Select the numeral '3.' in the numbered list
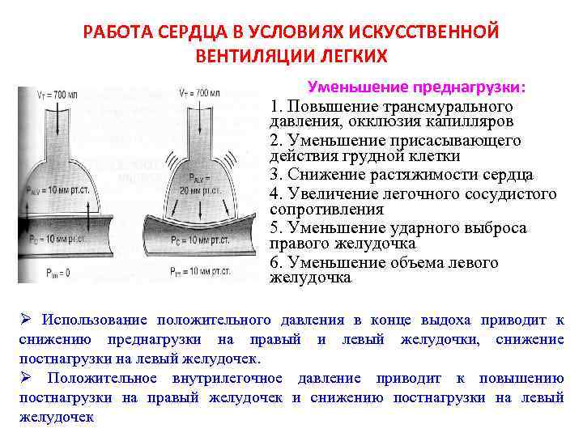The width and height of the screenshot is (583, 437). point(276,175)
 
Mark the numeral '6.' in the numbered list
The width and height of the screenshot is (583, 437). point(276,263)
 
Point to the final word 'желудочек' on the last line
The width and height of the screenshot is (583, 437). point(57,418)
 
